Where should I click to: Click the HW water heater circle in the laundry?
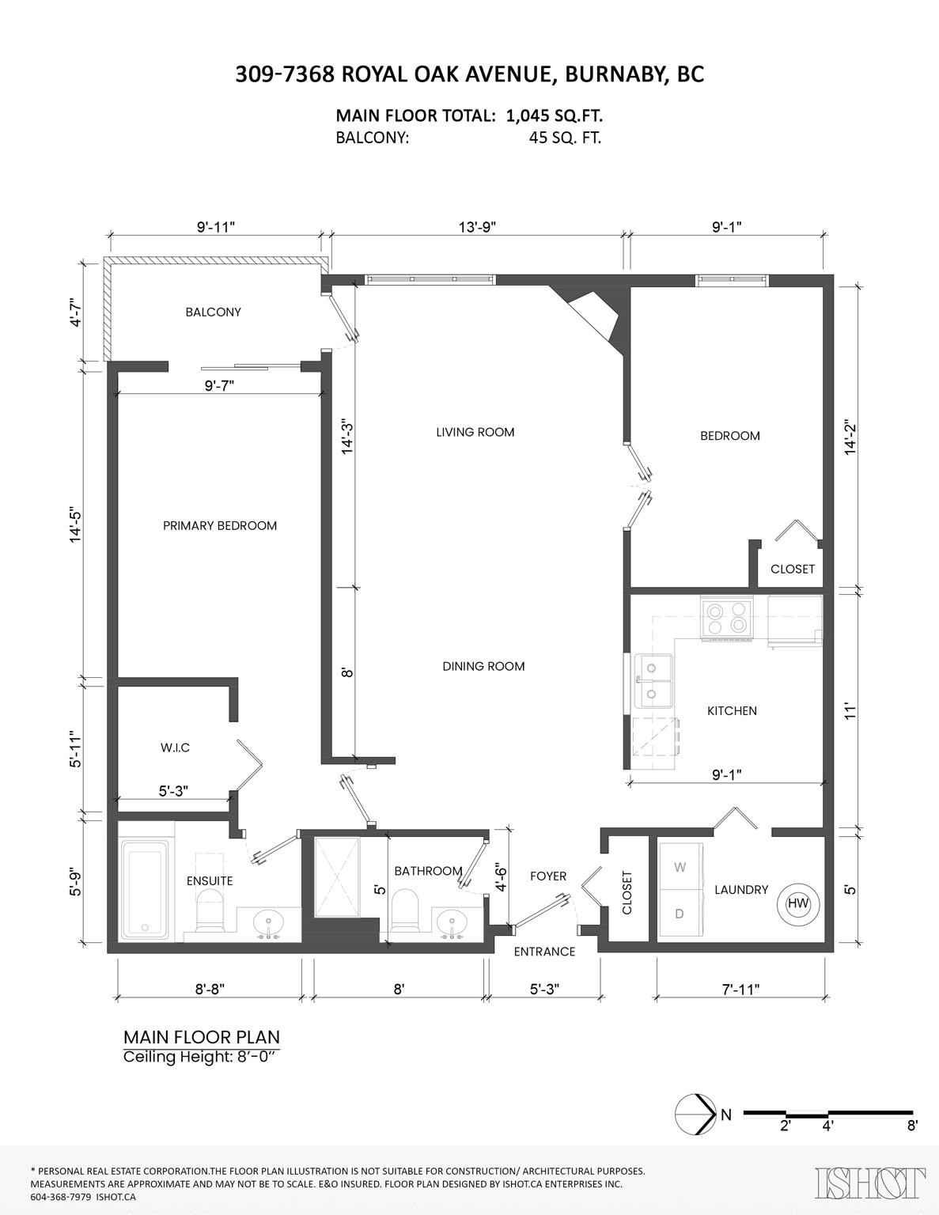(797, 903)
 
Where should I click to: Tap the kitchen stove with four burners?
(726, 617)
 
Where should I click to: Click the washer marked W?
(680, 867)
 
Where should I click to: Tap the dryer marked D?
(680, 914)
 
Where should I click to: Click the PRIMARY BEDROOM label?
(220, 525)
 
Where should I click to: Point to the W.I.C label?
(175, 748)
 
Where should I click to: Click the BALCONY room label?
(213, 312)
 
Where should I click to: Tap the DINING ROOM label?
(483, 666)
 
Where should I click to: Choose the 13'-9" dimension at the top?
(477, 227)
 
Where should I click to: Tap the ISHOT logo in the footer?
(870, 1183)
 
